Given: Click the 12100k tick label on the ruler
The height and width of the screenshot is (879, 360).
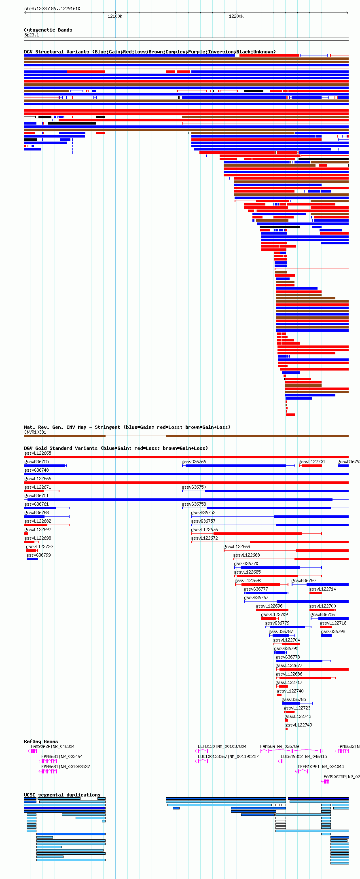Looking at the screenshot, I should [x=115, y=17].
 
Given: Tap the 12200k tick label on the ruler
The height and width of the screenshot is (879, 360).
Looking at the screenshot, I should [x=236, y=17].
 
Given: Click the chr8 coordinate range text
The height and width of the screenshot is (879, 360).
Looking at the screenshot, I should [x=52, y=8].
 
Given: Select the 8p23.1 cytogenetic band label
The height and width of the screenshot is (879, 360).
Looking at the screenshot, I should [x=32, y=35].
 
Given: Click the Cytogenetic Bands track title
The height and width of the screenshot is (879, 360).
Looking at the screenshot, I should [x=48, y=30].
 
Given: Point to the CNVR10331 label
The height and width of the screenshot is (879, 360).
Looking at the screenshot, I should [x=35, y=432].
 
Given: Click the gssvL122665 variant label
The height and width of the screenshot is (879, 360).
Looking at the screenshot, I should [x=38, y=453].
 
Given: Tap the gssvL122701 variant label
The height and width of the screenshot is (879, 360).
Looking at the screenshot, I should [x=312, y=462].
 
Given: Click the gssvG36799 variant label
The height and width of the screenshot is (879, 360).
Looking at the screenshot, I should [x=38, y=555].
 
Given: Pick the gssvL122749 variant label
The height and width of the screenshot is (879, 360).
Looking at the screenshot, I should [x=299, y=725].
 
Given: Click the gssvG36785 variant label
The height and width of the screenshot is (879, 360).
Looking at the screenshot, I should [x=294, y=699].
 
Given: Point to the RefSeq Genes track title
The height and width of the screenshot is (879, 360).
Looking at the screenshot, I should [x=41, y=741].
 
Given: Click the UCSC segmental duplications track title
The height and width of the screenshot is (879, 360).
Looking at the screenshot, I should [x=62, y=795].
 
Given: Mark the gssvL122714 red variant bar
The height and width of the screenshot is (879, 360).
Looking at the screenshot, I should [x=316, y=593].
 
